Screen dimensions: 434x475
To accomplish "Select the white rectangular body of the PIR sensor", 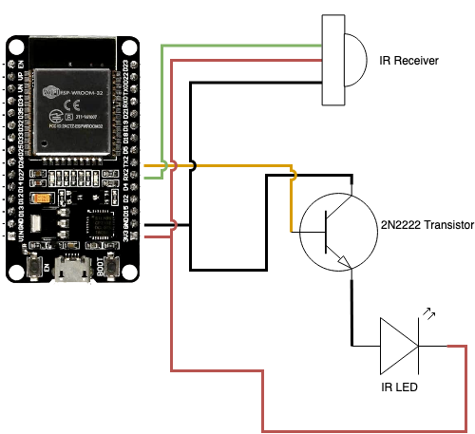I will coord(332,59).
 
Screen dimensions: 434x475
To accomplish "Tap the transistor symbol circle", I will coord(338,232).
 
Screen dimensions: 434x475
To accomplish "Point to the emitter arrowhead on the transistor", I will coord(345,265).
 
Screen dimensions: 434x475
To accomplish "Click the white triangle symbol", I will coord(396,347).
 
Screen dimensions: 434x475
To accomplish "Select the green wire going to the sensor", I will coord(237,45).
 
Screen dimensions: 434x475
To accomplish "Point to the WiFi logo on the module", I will coord(51,92).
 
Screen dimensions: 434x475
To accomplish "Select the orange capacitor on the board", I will coord(42,199).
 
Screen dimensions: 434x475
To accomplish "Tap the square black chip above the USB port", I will coord(99,228).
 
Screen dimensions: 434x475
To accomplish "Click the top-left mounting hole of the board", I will coord(16,45).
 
